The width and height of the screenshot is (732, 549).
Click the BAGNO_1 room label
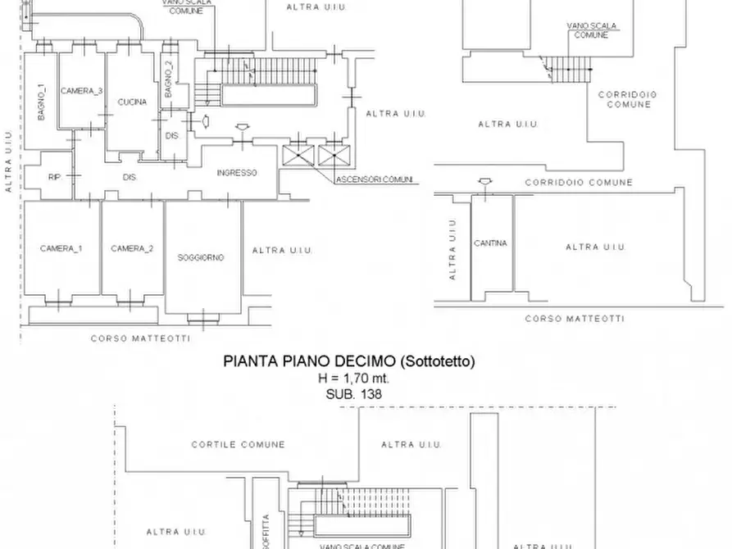tap(40, 103)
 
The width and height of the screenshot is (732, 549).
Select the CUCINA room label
tap(132, 102)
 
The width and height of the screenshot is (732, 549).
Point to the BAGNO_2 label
tap(169, 79)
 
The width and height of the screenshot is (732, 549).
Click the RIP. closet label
tap(54, 176)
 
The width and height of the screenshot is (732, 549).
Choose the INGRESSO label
tap(237, 173)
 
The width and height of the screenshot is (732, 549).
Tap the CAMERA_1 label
tap(61, 248)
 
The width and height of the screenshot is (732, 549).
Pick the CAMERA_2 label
tap(132, 248)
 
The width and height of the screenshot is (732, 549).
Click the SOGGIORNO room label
tap(201, 257)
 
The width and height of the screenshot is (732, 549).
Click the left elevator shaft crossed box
tap(294, 156)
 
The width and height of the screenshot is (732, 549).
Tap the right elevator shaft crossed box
tap(333, 156)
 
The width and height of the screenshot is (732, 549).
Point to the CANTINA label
tap(490, 243)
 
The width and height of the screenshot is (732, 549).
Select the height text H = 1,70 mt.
tap(353, 378)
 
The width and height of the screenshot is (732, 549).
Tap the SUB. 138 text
tap(353, 393)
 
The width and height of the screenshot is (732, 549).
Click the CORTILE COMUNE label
tap(239, 445)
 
